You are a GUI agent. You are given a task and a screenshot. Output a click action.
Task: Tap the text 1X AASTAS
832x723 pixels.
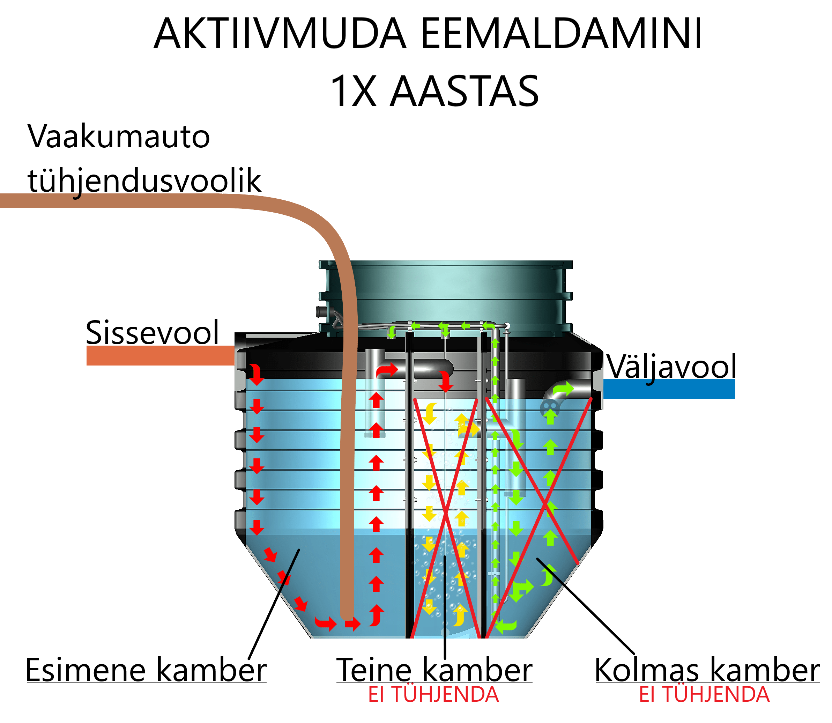click(x=434, y=91)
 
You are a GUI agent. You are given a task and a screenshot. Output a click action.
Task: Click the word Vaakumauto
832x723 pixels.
click(x=119, y=137)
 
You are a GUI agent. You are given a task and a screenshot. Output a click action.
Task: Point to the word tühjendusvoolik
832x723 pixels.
click(x=144, y=180)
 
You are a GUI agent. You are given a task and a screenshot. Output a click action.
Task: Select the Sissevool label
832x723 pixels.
click(x=153, y=332)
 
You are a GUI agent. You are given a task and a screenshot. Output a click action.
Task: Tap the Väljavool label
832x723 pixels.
click(x=671, y=366)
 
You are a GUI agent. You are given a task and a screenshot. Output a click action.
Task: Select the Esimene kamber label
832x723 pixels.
click(x=146, y=670)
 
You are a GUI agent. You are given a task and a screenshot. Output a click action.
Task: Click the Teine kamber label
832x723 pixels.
click(x=434, y=670)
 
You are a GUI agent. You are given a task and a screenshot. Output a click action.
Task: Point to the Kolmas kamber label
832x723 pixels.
click(x=707, y=670)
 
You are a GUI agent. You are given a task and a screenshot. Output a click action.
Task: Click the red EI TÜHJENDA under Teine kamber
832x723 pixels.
click(x=433, y=695)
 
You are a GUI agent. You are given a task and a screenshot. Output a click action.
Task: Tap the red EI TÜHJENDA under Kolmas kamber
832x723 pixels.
click(x=704, y=695)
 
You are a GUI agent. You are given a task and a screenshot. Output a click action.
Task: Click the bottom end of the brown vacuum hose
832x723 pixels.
click(x=347, y=613)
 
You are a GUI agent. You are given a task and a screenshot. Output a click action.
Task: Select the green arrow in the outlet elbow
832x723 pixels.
click(x=563, y=389)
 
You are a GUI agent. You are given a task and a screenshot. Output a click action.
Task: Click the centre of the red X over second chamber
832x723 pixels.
click(x=446, y=513)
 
